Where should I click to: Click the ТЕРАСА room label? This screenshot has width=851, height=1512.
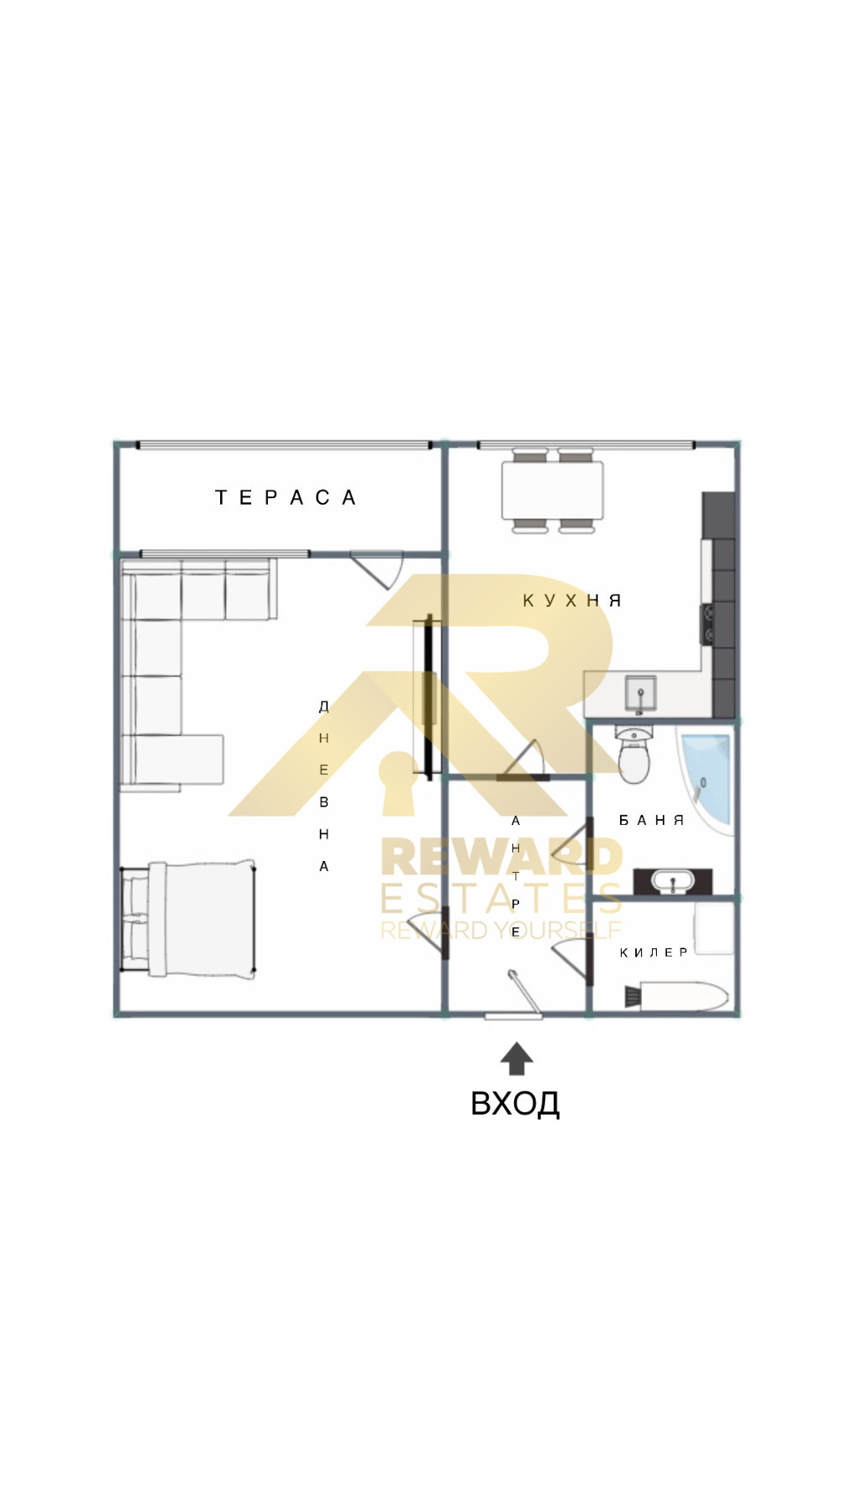(x=286, y=498)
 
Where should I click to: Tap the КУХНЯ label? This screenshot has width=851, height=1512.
(x=572, y=601)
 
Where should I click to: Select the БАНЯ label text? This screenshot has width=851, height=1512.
(x=652, y=820)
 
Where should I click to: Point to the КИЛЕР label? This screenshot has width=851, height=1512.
(x=654, y=953)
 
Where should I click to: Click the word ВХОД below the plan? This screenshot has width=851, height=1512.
(x=515, y=1103)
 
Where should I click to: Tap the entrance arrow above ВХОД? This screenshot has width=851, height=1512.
(x=517, y=1058)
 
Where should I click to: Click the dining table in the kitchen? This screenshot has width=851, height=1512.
(x=553, y=491)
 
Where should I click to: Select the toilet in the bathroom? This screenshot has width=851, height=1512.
(x=633, y=753)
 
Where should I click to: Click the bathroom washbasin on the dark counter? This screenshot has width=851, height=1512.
(x=673, y=882)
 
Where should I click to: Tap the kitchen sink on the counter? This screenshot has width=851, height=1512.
(x=640, y=694)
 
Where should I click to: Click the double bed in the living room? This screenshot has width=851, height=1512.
(x=187, y=919)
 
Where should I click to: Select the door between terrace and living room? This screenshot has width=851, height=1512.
(x=377, y=569)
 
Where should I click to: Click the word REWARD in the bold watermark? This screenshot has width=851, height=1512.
(x=502, y=857)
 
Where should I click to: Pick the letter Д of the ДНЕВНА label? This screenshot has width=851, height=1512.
(x=323, y=706)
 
